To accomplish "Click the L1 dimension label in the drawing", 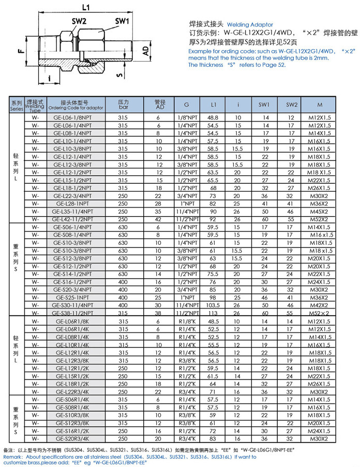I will click(x=86, y=7).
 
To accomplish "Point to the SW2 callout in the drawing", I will click(x=79, y=22).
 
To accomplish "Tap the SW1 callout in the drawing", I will click(x=122, y=22).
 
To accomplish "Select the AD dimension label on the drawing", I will click(x=146, y=51).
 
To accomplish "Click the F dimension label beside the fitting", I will click(x=21, y=51).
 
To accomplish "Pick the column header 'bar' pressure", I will click(x=123, y=108).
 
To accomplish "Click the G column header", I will click(x=186, y=105).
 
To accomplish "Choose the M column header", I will click(x=319, y=105).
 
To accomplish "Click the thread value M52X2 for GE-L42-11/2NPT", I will click(x=319, y=219).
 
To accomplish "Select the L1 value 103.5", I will click(x=213, y=305).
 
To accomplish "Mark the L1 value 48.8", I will click(x=213, y=118).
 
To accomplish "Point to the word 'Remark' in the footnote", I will click(x=13, y=457).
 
